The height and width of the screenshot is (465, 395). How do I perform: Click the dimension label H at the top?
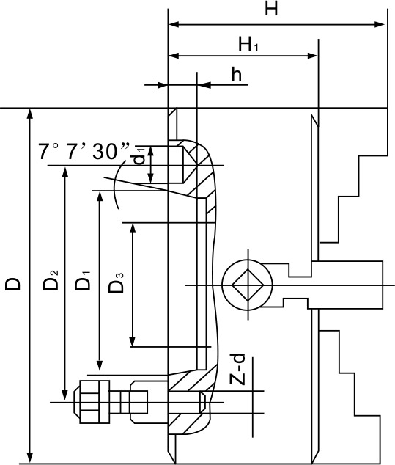click(271, 9)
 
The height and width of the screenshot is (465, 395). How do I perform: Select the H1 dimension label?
click(248, 45)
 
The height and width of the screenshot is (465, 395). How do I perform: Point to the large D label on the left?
click(12, 284)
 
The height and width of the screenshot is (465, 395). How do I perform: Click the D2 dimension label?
click(51, 280)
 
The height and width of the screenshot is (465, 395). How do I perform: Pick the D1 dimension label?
click(82, 280)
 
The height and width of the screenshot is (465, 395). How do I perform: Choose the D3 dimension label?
click(116, 283)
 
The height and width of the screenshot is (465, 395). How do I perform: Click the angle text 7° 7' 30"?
click(85, 151)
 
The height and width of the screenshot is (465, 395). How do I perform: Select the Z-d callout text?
click(237, 370)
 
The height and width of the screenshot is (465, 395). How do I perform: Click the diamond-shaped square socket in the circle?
click(248, 285)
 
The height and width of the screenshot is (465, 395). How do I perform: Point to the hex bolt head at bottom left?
click(92, 402)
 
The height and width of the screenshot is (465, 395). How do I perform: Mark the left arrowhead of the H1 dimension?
click(174, 56)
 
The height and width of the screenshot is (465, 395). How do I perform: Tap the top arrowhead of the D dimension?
click(29, 114)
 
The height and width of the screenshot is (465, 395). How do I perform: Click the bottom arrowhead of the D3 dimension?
click(133, 342)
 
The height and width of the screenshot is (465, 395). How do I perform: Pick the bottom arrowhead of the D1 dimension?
click(100, 365)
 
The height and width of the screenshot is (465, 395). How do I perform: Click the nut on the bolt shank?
click(139, 402)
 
